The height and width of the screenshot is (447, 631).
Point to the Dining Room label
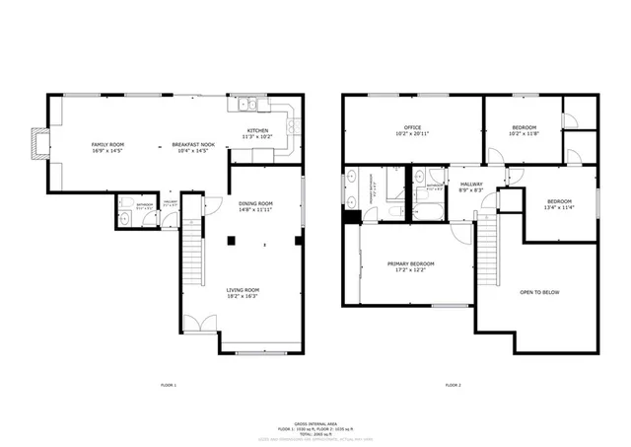click(x=255, y=204)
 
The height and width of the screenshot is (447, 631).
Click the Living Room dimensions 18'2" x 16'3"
click(x=242, y=295)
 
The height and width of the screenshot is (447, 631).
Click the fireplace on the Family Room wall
click(x=36, y=143)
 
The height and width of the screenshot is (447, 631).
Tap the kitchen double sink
click(x=245, y=104)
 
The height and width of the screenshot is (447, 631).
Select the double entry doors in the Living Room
click(x=204, y=323)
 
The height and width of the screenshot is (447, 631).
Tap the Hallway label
click(x=470, y=185)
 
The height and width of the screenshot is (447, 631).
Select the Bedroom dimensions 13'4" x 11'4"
click(x=559, y=207)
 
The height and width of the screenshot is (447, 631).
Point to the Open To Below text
click(x=539, y=292)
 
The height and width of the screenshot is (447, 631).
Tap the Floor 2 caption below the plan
click(x=453, y=384)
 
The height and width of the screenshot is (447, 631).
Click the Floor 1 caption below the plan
click(x=168, y=384)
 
